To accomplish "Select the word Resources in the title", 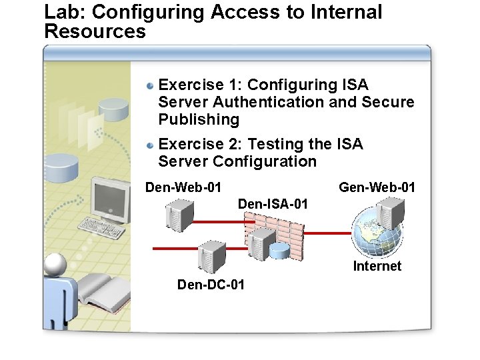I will [x=94, y=31].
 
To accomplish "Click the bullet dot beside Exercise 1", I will [x=151, y=85].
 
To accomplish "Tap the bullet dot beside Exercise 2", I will [x=151, y=145].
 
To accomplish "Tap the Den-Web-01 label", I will [x=183, y=187].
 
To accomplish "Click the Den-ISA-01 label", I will [x=273, y=204].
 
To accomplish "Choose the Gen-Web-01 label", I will [x=377, y=187].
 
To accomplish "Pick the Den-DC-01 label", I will [x=211, y=285].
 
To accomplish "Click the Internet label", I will [x=377, y=266].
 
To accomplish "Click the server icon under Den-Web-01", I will [x=179, y=215].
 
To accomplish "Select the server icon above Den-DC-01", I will [x=212, y=255].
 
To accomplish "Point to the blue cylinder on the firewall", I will [x=279, y=251].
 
